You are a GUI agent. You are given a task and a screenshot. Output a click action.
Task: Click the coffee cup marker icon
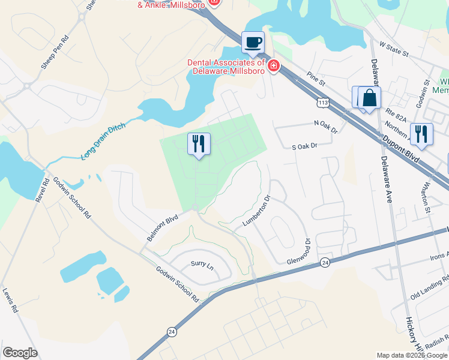(x=253, y=42)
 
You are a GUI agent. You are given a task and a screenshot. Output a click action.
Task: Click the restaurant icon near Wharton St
(x=421, y=133)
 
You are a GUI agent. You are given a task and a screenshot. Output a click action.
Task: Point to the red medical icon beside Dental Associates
(x=274, y=65)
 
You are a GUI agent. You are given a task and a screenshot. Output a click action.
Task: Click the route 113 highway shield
(x=324, y=104)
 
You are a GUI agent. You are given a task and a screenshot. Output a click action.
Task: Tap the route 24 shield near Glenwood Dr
(x=325, y=262)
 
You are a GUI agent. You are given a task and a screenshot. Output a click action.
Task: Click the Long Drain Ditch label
(x=104, y=141)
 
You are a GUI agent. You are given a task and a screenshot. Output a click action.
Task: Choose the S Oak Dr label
(x=304, y=146)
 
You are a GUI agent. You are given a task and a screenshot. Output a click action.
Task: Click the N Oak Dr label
(x=326, y=123)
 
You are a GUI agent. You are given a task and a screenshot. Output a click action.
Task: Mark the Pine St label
(x=315, y=78)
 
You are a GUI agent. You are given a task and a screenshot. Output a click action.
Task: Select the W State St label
(x=394, y=49)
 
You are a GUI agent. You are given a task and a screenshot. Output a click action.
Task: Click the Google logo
(x=20, y=353)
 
